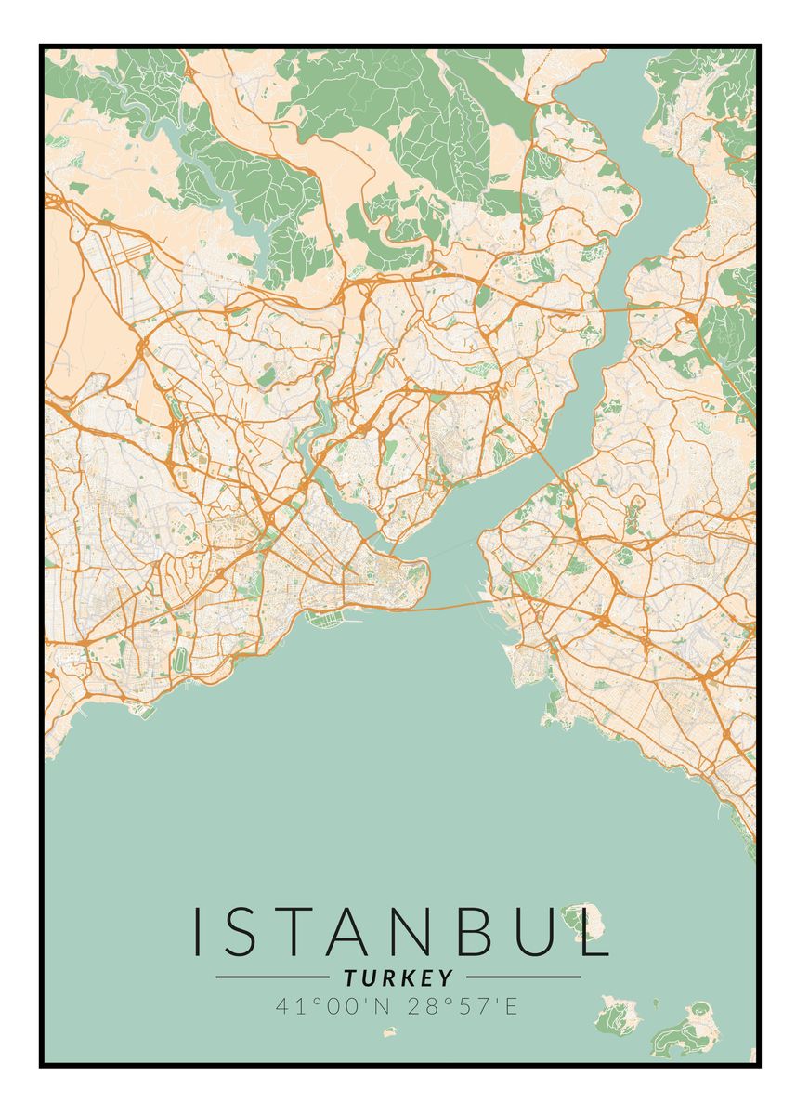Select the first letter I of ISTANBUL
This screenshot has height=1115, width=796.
point(198,931)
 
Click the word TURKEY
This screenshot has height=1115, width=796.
point(398,977)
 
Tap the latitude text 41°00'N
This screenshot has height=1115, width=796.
point(333,1005)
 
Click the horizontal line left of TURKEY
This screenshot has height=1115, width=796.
point(271,977)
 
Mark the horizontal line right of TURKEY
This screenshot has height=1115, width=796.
point(523,977)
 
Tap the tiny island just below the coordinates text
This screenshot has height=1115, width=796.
point(390,1031)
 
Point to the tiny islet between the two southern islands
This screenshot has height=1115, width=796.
point(655,1003)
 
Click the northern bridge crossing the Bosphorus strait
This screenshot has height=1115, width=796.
point(612,308)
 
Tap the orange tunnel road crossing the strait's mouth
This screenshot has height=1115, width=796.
point(455,607)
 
